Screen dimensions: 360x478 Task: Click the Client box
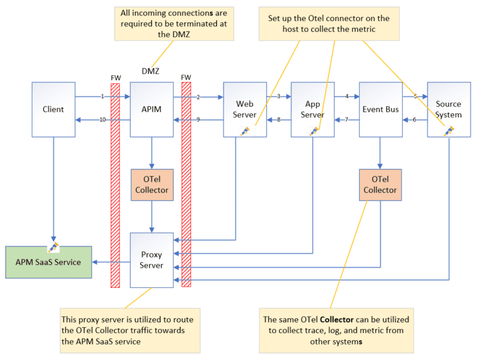tap(53, 109)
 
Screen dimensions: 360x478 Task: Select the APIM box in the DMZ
tap(151, 109)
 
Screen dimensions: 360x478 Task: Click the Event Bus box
tap(380, 109)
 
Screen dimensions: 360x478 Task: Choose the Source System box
tap(448, 109)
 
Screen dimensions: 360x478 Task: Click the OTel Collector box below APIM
tap(151, 184)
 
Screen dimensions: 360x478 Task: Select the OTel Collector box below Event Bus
tap(380, 184)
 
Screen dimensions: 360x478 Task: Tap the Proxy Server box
tap(151, 260)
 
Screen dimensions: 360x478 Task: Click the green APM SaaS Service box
tap(48, 262)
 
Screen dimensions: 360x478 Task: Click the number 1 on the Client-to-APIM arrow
tap(102, 96)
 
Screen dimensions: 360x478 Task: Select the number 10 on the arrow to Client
tap(102, 119)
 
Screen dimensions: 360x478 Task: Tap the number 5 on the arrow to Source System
tap(415, 96)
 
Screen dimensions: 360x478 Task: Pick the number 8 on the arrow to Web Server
tap(279, 119)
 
